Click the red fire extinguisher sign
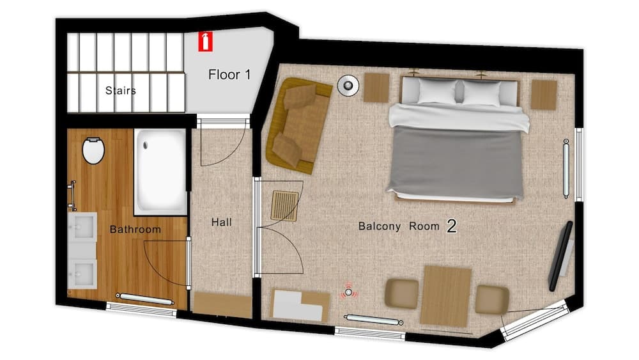coord(205,42)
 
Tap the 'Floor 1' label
coord(229,75)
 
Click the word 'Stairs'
coord(120,91)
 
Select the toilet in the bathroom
coord(93,150)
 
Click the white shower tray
coord(160,171)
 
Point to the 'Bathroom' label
coord(135,229)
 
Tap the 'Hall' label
coord(221,222)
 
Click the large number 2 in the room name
coord(451,226)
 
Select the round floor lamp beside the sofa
coord(348,85)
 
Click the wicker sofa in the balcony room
coord(298,125)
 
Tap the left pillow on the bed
coord(437,91)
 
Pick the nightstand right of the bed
coord(544,95)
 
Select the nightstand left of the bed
coord(376,88)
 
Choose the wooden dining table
coord(446,297)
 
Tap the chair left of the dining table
coord(402,293)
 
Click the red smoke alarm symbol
coord(348,292)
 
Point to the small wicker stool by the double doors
coord(285,205)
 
